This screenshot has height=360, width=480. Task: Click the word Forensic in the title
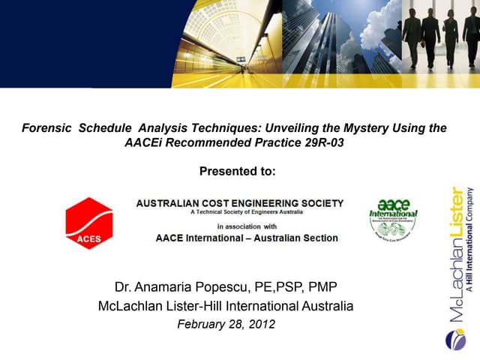[46, 128]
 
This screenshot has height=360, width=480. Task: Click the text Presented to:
[238, 171]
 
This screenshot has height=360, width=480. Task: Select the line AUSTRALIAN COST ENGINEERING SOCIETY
[240, 203]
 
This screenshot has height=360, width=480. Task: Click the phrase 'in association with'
[247, 225]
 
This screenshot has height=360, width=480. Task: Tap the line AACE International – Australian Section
[246, 238]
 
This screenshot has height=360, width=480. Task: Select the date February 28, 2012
[226, 325]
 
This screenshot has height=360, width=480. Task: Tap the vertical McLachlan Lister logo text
[456, 255]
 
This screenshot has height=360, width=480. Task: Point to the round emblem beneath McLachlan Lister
[455, 340]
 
